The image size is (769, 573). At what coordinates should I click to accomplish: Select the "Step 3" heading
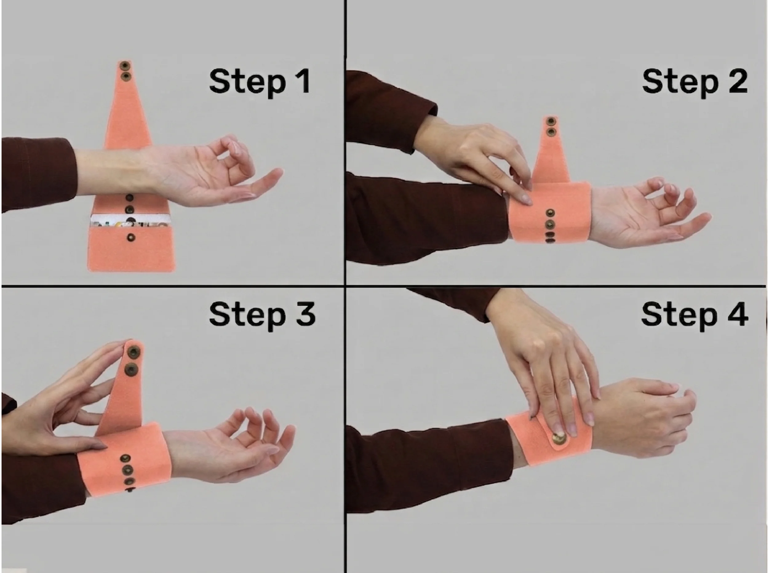click(262, 314)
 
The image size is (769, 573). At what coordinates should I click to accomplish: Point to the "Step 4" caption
click(695, 314)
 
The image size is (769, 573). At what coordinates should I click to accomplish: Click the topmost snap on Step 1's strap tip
click(124, 65)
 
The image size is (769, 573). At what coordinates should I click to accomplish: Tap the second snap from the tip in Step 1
click(125, 76)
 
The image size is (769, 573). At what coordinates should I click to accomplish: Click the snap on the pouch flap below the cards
click(131, 237)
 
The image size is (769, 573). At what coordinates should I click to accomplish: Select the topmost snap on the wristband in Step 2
click(549, 213)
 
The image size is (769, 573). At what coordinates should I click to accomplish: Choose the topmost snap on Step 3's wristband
click(124, 459)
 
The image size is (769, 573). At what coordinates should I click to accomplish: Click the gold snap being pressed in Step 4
click(559, 439)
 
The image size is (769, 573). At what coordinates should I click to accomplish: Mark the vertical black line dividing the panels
click(345, 287)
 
